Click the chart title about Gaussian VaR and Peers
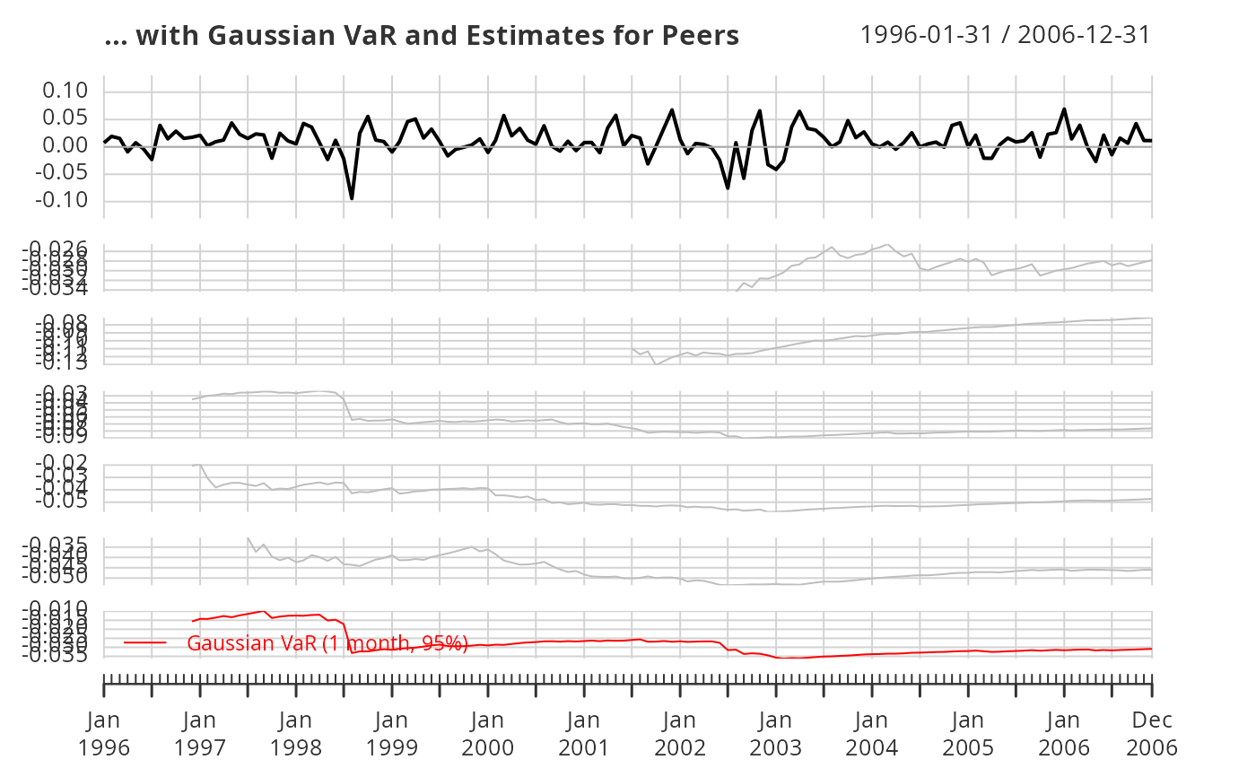click(422, 36)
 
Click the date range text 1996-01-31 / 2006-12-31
click(1005, 35)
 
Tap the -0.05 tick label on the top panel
click(60, 173)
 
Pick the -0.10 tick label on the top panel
click(60, 200)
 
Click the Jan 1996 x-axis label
click(104, 733)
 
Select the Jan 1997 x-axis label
click(200, 733)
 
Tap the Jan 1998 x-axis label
click(296, 733)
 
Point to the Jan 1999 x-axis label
click(392, 733)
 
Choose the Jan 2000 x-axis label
click(488, 733)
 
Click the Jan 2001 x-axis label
click(584, 733)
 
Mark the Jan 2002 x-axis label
click(680, 733)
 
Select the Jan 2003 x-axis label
click(776, 733)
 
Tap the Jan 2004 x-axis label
click(872, 733)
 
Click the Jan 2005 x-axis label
click(968, 733)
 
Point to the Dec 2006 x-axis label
click(1152, 733)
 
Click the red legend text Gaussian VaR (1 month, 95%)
click(327, 642)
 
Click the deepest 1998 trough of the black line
click(352, 198)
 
